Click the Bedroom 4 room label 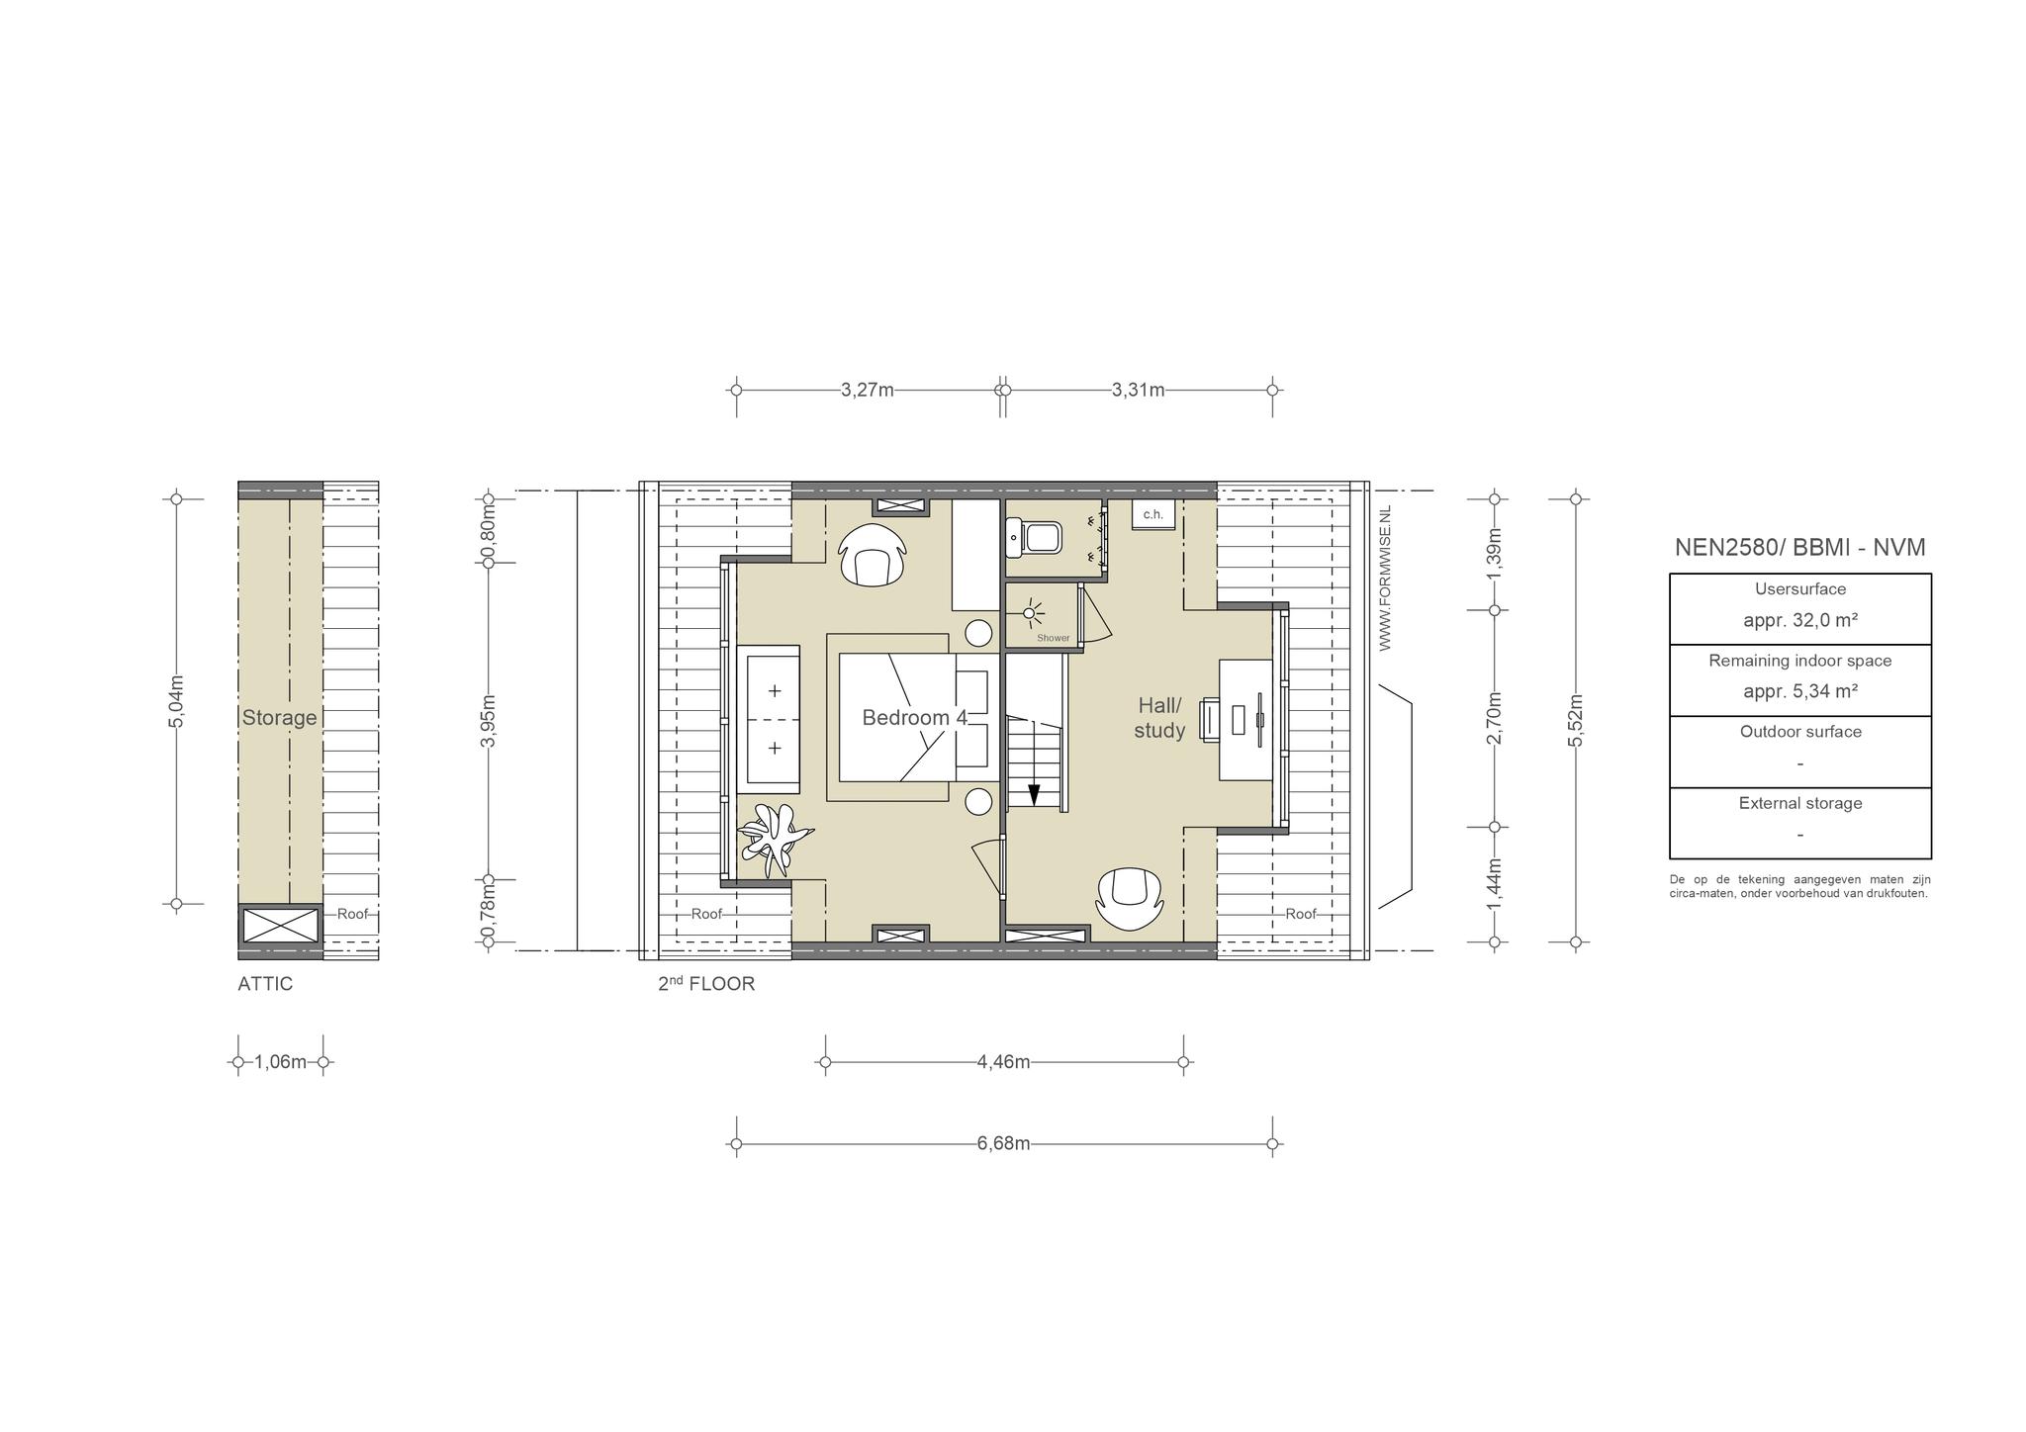tap(914, 718)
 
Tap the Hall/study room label tap(1159, 718)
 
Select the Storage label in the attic tap(280, 718)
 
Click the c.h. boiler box tap(1153, 514)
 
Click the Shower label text tap(1054, 638)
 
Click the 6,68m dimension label tap(1003, 1144)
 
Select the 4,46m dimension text tap(1003, 1062)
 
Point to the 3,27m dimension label tap(868, 390)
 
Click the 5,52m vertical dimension tap(1576, 720)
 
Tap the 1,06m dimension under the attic tap(280, 1062)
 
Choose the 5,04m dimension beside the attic tap(176, 701)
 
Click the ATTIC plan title tap(265, 984)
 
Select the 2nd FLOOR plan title tap(706, 984)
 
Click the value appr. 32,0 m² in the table tap(1800, 621)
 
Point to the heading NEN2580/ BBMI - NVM tap(1800, 547)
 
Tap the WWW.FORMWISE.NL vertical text tap(1385, 578)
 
